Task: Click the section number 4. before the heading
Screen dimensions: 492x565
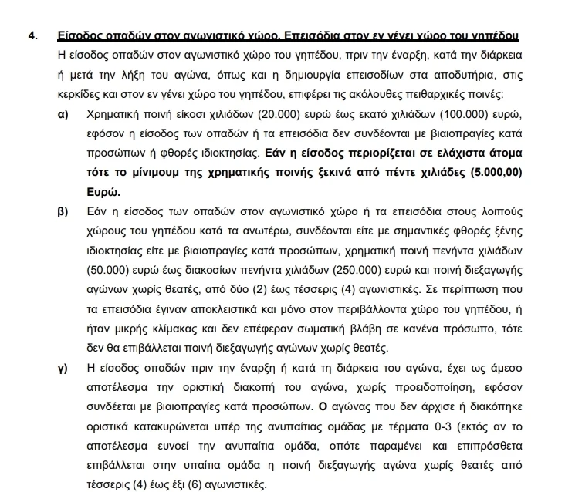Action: point(32,36)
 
